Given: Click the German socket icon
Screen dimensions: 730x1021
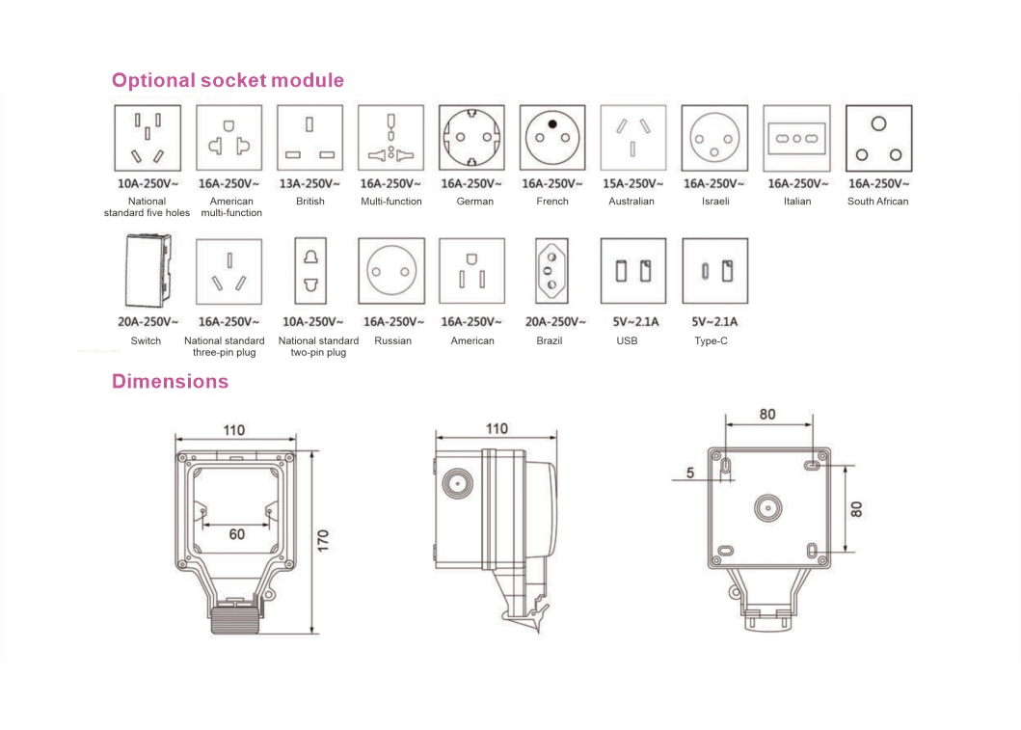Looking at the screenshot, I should point(471,138).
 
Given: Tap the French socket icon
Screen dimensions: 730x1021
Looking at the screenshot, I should point(552,138).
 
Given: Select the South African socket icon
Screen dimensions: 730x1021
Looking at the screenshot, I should point(877,138).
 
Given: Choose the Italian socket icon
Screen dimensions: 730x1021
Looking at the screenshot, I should point(796,138).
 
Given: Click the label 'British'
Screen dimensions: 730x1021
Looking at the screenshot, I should point(310,202).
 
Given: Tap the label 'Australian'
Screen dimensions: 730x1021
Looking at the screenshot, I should point(631,202).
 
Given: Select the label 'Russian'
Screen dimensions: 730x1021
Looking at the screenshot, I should point(392,340).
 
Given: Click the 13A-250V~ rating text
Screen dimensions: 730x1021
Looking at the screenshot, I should point(309,183).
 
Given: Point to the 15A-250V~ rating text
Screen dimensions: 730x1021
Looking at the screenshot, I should point(632,183).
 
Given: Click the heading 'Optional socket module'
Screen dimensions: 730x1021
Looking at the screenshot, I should point(228,80).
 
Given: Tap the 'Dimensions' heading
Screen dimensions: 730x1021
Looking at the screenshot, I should point(170,381).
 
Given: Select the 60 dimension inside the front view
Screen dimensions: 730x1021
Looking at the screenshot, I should point(236,533).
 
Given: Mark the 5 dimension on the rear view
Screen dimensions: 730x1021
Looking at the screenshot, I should point(690,473).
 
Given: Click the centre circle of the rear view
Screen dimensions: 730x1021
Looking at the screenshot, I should point(768,508).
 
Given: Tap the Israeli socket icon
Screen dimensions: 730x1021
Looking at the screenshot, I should point(714,138).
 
